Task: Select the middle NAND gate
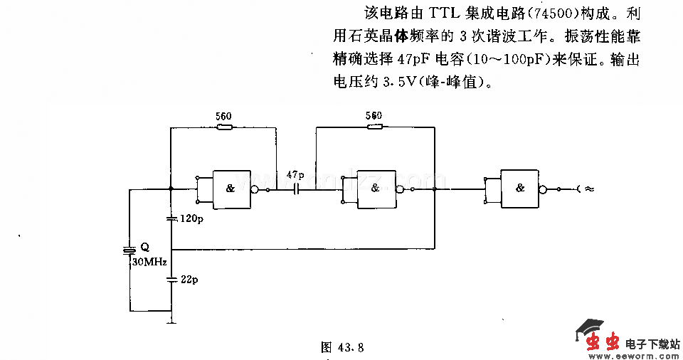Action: [x=376, y=189]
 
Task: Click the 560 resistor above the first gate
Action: [x=223, y=127]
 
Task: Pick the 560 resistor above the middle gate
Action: [x=373, y=127]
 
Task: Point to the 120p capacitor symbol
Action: [x=171, y=218]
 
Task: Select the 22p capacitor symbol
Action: [x=171, y=280]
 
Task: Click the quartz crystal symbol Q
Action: [x=129, y=250]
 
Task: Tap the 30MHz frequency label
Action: [x=148, y=262]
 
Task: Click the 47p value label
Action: [x=295, y=174]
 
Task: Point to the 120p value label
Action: [x=191, y=219]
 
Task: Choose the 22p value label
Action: [x=189, y=280]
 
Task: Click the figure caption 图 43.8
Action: [x=342, y=347]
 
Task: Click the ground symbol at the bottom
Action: [x=171, y=322]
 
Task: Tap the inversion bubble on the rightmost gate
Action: [x=544, y=189]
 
